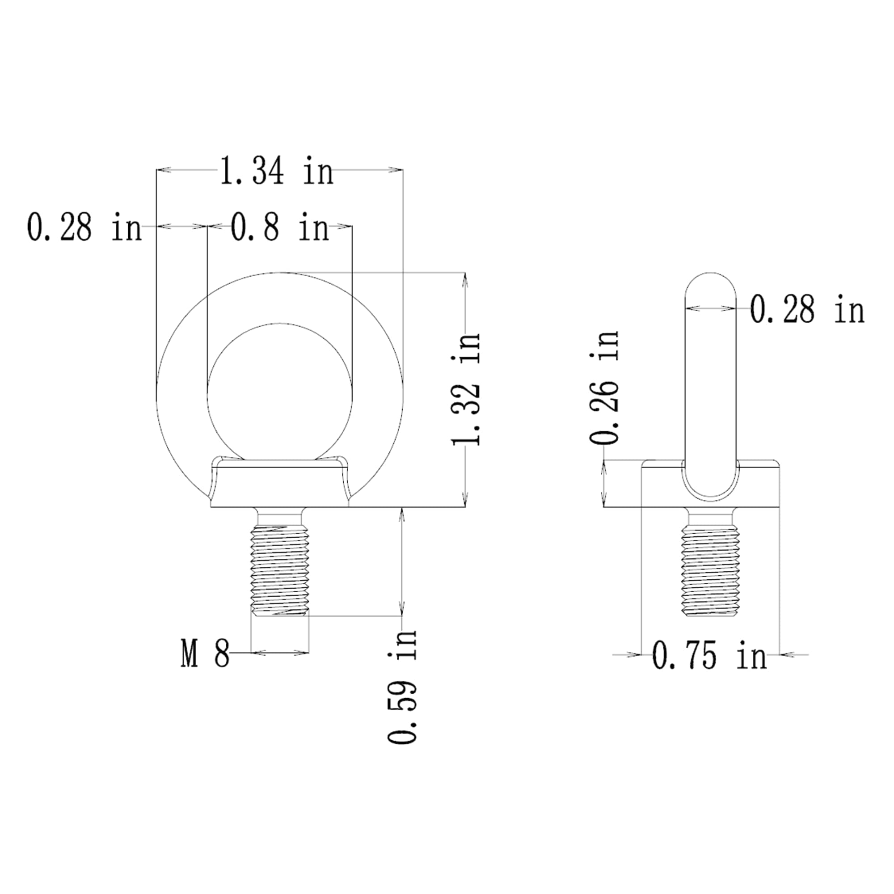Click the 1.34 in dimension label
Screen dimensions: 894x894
coord(276,171)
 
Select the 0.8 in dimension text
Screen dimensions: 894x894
coord(279,227)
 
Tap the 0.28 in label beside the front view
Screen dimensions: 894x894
coord(84,227)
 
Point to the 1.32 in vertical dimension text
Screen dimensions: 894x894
coord(466,389)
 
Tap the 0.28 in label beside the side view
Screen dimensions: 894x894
coord(806,310)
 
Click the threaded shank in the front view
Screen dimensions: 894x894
coord(279,570)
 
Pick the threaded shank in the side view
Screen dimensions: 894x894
coord(710,570)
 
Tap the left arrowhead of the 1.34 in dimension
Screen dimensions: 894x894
coord(163,170)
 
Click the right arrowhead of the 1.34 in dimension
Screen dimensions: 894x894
coord(396,170)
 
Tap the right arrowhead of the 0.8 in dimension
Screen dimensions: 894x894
coord(345,226)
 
